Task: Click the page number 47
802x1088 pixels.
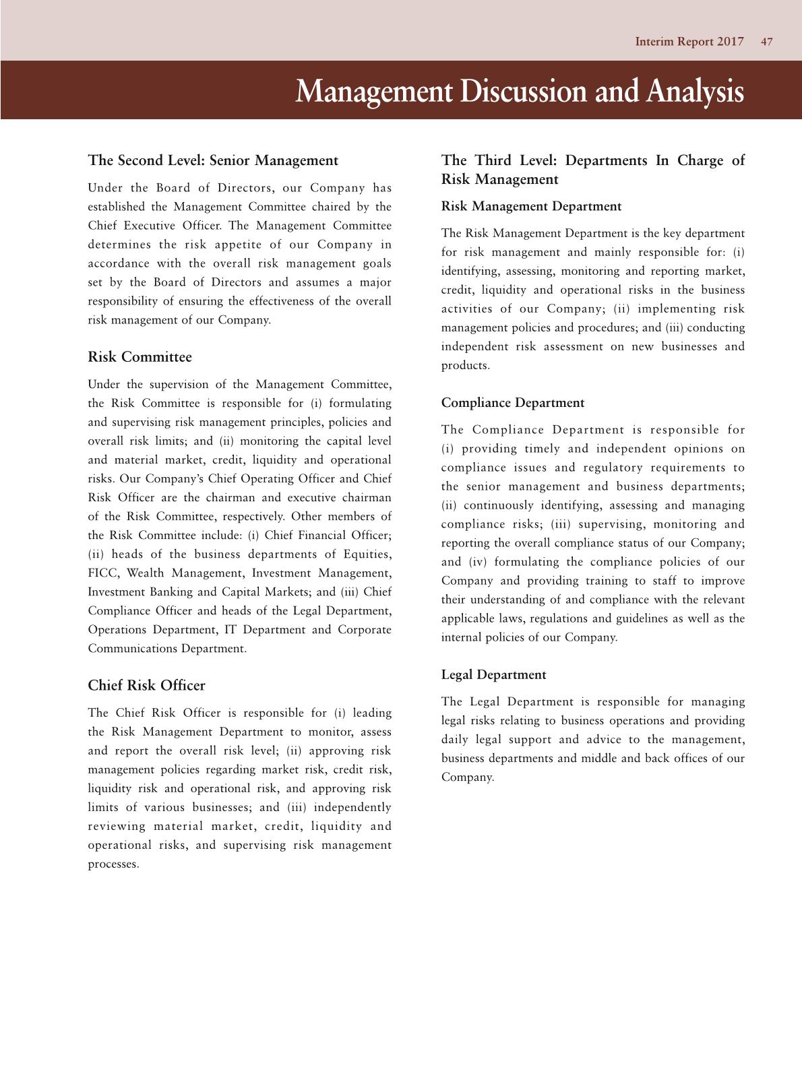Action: [766, 42]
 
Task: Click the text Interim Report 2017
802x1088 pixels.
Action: [689, 42]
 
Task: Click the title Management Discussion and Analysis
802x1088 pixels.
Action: [520, 91]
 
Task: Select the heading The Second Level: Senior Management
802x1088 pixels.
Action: [213, 160]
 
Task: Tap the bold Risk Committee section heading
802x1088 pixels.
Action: [140, 357]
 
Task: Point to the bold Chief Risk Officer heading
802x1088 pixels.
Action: [146, 685]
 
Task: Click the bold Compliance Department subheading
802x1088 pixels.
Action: [512, 403]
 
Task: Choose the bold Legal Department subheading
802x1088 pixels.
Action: [493, 674]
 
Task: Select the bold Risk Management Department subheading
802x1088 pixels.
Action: [531, 206]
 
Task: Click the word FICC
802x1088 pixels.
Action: [102, 573]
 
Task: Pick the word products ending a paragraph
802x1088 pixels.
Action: [465, 366]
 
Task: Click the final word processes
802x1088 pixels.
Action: [113, 864]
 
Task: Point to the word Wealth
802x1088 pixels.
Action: [145, 573]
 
